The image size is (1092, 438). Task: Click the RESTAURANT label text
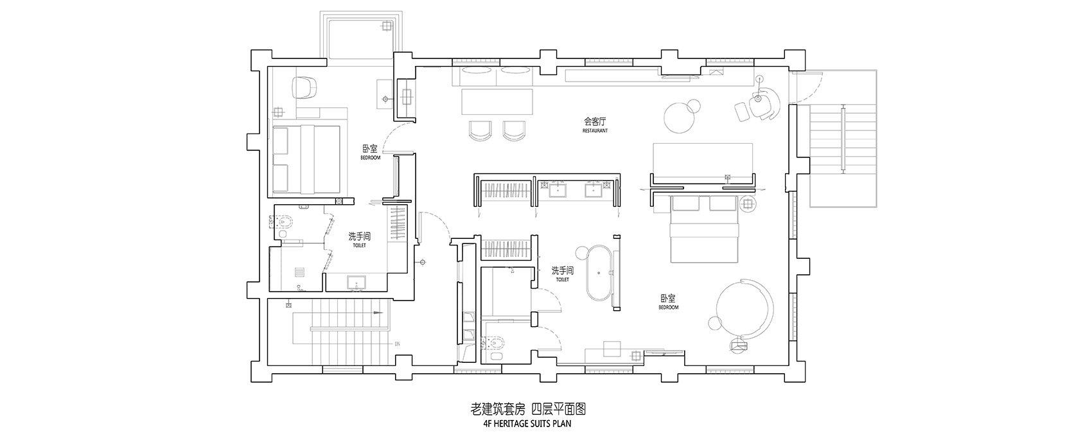click(595, 130)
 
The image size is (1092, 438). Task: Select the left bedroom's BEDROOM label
click(370, 158)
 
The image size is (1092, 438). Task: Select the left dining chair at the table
click(480, 130)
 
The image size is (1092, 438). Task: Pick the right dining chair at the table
click(514, 130)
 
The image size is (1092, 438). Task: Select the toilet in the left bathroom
click(285, 222)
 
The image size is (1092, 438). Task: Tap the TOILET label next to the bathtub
click(562, 280)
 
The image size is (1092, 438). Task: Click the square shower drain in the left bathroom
click(299, 271)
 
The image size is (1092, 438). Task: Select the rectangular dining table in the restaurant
click(498, 103)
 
